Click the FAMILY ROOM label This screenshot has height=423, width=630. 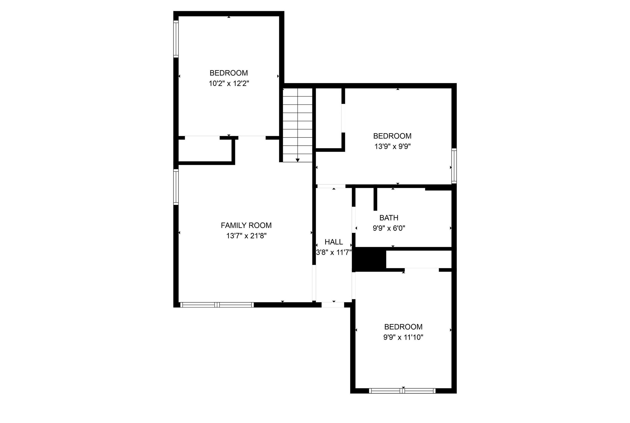(x=246, y=225)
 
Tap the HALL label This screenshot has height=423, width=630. (x=333, y=242)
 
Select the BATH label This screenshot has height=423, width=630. (x=389, y=218)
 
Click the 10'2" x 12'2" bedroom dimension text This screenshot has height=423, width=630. (x=229, y=84)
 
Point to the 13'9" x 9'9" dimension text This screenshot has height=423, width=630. (x=392, y=147)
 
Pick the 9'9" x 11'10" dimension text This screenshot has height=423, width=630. (x=403, y=337)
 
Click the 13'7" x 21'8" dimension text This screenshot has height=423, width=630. (x=246, y=236)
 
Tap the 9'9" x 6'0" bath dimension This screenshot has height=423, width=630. (x=389, y=228)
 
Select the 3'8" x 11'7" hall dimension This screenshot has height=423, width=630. (x=334, y=252)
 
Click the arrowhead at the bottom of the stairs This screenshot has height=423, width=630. (x=297, y=160)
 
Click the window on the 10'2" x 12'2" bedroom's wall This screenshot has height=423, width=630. (x=176, y=39)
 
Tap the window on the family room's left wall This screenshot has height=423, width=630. (x=176, y=187)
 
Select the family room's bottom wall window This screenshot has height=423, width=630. (x=217, y=305)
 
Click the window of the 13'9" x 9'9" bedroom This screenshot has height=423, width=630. (x=454, y=166)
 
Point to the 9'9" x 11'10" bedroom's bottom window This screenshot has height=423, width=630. (x=402, y=391)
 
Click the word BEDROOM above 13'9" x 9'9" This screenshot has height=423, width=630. (x=392, y=136)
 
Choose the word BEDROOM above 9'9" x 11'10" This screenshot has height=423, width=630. (x=403, y=327)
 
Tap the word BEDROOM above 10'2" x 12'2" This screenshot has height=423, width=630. (x=229, y=73)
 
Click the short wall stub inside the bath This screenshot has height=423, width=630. (x=375, y=199)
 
